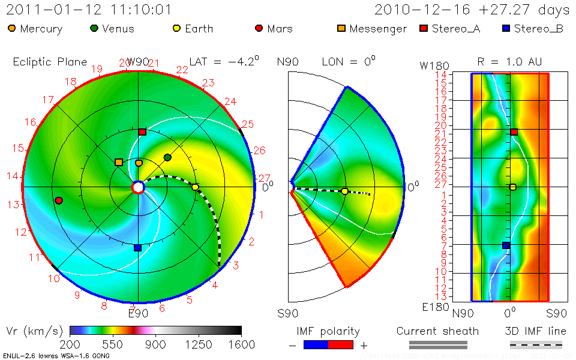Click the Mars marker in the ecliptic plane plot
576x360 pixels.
click(x=59, y=200)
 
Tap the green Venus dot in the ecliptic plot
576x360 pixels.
click(x=167, y=157)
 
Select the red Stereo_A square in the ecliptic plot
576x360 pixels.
click(x=142, y=132)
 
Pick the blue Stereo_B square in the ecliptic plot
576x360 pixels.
click(x=137, y=247)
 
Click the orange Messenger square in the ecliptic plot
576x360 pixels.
click(x=119, y=162)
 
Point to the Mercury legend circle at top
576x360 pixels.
click(x=12, y=28)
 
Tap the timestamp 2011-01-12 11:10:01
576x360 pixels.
click(x=89, y=10)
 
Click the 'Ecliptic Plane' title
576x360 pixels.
click(x=50, y=62)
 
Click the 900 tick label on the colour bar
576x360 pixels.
click(x=155, y=344)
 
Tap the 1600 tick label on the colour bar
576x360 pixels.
click(x=241, y=344)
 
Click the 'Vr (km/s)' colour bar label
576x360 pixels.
click(x=34, y=331)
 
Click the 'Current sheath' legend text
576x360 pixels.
click(x=437, y=331)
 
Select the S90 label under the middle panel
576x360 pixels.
click(x=288, y=313)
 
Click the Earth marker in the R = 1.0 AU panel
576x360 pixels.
click(x=513, y=187)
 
